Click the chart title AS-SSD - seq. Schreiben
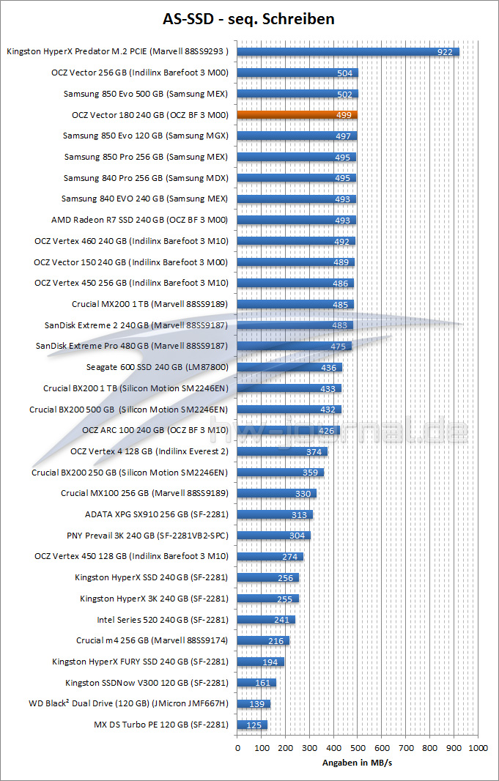tap(249, 18)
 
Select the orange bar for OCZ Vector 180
tap(297, 115)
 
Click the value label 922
tap(445, 52)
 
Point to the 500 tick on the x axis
tap(358, 748)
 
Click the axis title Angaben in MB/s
tap(358, 763)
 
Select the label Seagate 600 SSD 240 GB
tap(158, 368)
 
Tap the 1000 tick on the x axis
tap(478, 748)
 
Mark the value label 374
tap(314, 452)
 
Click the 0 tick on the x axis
tap(237, 748)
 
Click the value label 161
tap(264, 683)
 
